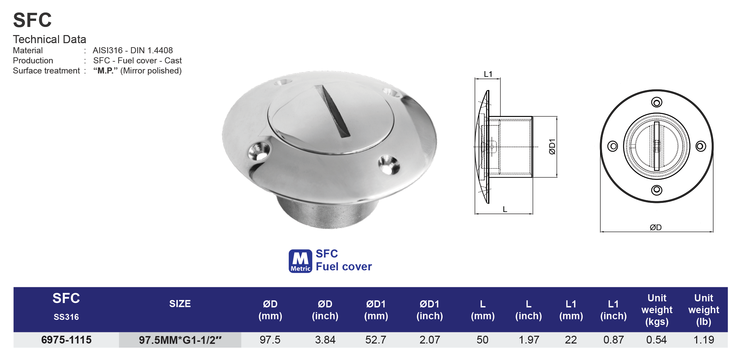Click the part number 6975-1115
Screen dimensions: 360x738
point(66,340)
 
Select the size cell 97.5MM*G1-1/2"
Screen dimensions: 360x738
point(180,340)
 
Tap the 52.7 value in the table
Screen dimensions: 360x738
point(376,340)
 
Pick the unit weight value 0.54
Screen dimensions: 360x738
point(656,340)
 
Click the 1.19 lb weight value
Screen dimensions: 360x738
point(704,340)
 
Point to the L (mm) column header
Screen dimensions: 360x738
point(483,310)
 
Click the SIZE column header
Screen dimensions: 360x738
point(180,304)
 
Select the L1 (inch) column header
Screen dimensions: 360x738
point(613,310)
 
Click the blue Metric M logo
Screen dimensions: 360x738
point(300,261)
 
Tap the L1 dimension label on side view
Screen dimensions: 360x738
point(488,74)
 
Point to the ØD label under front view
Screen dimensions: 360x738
point(656,228)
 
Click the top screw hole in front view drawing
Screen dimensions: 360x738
point(656,102)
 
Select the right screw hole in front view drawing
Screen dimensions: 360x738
point(701,146)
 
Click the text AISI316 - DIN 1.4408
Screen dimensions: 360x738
point(133,51)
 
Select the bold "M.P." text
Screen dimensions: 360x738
point(105,71)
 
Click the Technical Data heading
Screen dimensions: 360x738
point(50,39)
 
